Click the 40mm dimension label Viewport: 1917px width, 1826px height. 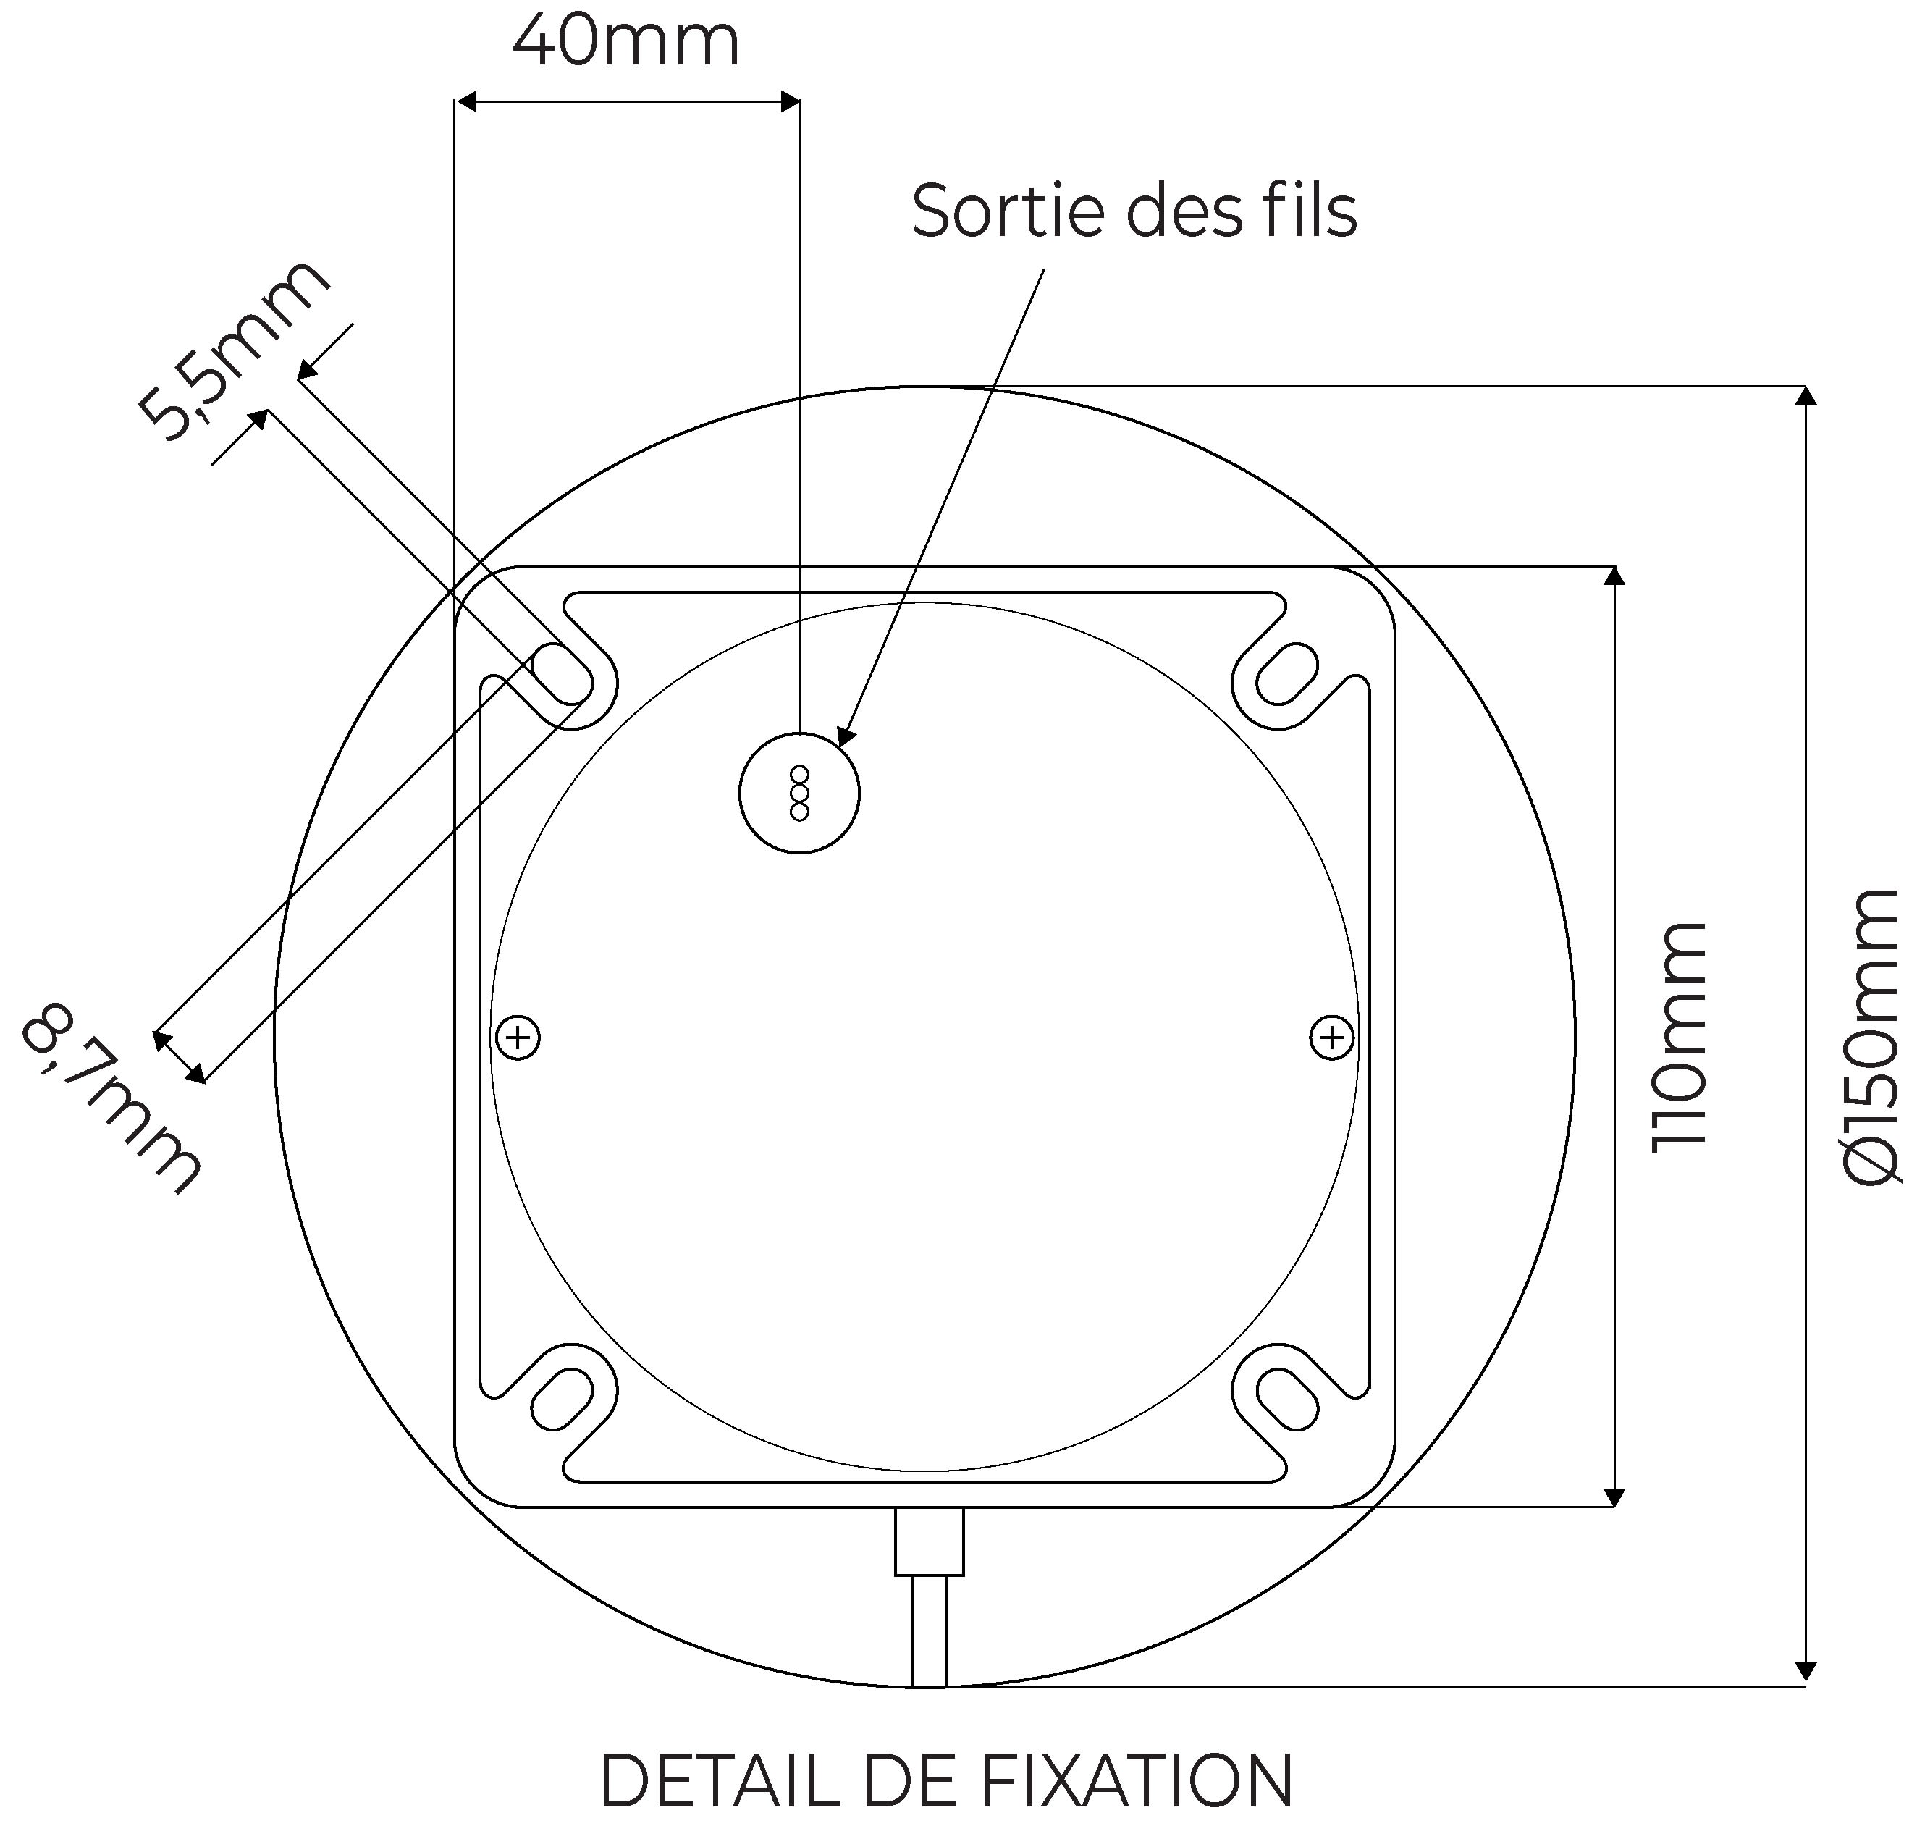(x=625, y=42)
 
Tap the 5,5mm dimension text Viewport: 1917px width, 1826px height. (x=232, y=350)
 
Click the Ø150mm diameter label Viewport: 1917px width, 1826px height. (x=1872, y=1037)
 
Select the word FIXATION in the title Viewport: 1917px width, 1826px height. (x=1137, y=1780)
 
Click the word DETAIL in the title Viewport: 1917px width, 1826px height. (x=718, y=1780)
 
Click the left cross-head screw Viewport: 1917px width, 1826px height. (x=518, y=1037)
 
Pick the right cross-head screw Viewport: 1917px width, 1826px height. (x=1331, y=1037)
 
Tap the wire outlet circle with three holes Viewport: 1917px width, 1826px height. (x=799, y=792)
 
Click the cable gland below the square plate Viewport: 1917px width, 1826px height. (x=928, y=1540)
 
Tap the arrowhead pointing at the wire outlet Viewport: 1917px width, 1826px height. (x=846, y=735)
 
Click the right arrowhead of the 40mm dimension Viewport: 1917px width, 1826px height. (x=789, y=101)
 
